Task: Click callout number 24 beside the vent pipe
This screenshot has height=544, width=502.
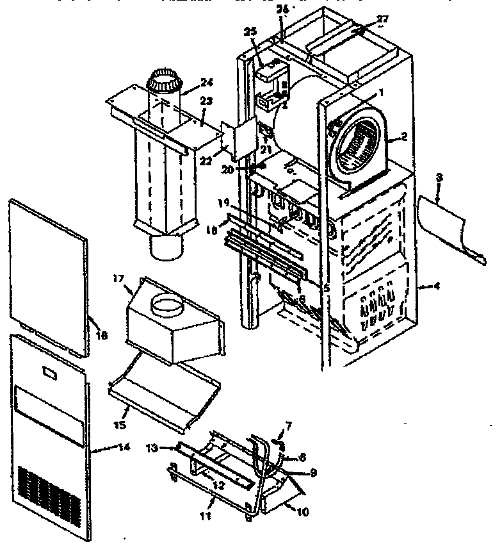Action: coord(188,82)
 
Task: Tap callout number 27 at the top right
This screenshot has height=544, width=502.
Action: coord(382,19)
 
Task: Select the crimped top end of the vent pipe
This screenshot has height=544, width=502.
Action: coord(164,80)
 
